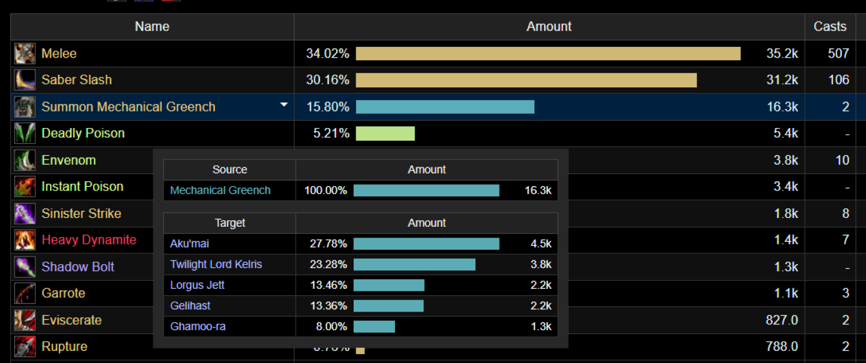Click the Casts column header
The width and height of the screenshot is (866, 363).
830,26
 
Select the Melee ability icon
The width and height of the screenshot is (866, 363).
25,53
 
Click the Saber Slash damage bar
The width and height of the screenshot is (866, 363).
526,80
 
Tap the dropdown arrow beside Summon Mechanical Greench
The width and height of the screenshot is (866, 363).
284,105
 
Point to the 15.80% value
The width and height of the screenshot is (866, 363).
328,106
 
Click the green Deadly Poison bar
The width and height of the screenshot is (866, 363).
385,133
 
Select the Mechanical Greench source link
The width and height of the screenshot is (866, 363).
221,191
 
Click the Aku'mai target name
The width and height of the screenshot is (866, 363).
190,244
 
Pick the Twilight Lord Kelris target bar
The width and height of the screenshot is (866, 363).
415,265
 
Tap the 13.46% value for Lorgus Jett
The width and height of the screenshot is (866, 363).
328,285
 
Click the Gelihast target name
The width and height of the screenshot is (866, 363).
190,306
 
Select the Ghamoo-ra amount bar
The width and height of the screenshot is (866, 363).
374,327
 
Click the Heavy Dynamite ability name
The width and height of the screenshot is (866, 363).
89,240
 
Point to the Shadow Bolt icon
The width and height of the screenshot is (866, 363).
25,267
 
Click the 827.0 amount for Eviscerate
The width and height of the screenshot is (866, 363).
782,320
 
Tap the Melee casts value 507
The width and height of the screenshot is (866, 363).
838,53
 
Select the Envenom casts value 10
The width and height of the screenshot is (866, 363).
842,160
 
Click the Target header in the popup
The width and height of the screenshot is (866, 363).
230,223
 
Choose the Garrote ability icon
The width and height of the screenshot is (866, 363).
25,293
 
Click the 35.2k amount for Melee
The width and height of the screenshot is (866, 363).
782,53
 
